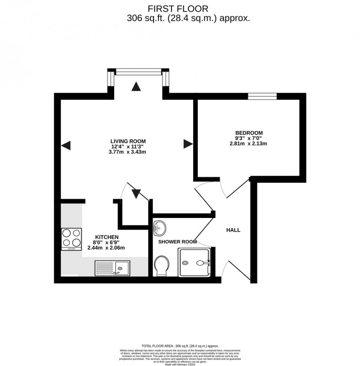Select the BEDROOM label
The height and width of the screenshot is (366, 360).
click(x=249, y=133)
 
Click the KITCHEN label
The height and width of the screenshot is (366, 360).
click(x=107, y=237)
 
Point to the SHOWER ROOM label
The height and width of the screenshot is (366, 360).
click(x=177, y=242)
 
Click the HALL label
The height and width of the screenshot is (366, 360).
click(x=233, y=230)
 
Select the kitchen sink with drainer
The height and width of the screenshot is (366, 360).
click(x=112, y=268)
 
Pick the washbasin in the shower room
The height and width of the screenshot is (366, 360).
click(x=159, y=228)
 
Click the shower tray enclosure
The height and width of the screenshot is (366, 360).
click(x=195, y=262)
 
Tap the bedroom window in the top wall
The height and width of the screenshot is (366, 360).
click(x=262, y=96)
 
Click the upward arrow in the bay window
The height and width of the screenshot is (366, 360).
click(x=136, y=87)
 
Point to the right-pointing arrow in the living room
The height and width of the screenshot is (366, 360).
click(x=188, y=144)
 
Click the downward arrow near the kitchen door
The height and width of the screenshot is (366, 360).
click(x=136, y=193)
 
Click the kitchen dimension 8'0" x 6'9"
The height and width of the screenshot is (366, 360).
click(x=107, y=243)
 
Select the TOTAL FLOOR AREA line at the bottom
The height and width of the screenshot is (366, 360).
click(x=180, y=346)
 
